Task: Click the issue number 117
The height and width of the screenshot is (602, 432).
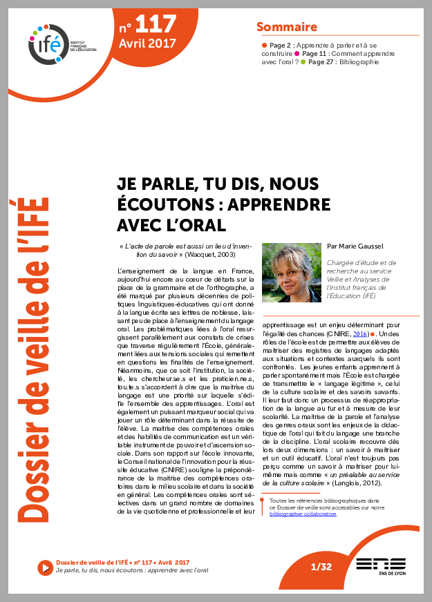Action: tap(156, 26)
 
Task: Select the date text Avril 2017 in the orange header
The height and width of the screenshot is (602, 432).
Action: tap(147, 43)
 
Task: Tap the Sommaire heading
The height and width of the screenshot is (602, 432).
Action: tap(287, 27)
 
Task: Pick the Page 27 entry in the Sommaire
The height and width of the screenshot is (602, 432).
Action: tap(322, 62)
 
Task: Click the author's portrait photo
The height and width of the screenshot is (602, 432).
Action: tap(292, 273)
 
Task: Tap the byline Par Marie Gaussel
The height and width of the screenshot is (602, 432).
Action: tap(355, 245)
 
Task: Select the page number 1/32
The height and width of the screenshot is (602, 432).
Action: tap(321, 567)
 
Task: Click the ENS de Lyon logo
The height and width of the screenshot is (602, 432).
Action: tap(380, 566)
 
